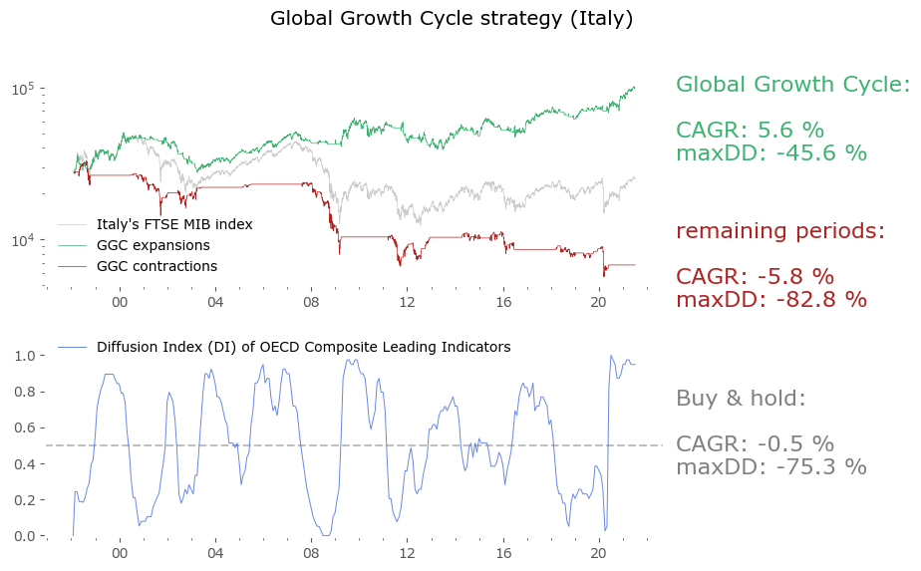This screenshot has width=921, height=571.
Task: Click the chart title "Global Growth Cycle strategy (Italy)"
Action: click(x=452, y=19)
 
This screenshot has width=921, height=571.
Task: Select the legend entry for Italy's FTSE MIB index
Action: click(x=174, y=224)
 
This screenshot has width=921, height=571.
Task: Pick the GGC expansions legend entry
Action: click(x=153, y=245)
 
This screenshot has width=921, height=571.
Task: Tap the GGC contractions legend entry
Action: click(x=156, y=266)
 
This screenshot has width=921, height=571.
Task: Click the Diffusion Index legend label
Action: click(x=303, y=347)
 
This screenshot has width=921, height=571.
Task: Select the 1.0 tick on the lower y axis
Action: click(x=27, y=356)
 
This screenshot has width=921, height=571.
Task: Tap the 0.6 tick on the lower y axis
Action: click(x=27, y=428)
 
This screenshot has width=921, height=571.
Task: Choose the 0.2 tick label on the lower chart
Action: click(x=27, y=500)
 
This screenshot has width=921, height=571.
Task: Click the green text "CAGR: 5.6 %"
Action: click(x=750, y=131)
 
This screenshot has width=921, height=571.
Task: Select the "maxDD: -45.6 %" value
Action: click(x=771, y=153)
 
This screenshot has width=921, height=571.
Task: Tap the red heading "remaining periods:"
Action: click(x=780, y=231)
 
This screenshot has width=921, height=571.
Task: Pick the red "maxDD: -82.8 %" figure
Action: click(x=771, y=299)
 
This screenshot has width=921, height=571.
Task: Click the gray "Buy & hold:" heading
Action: click(x=741, y=399)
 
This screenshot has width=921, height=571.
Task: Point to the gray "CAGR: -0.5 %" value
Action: click(x=755, y=444)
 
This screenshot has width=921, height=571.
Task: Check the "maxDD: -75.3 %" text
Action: click(x=771, y=466)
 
